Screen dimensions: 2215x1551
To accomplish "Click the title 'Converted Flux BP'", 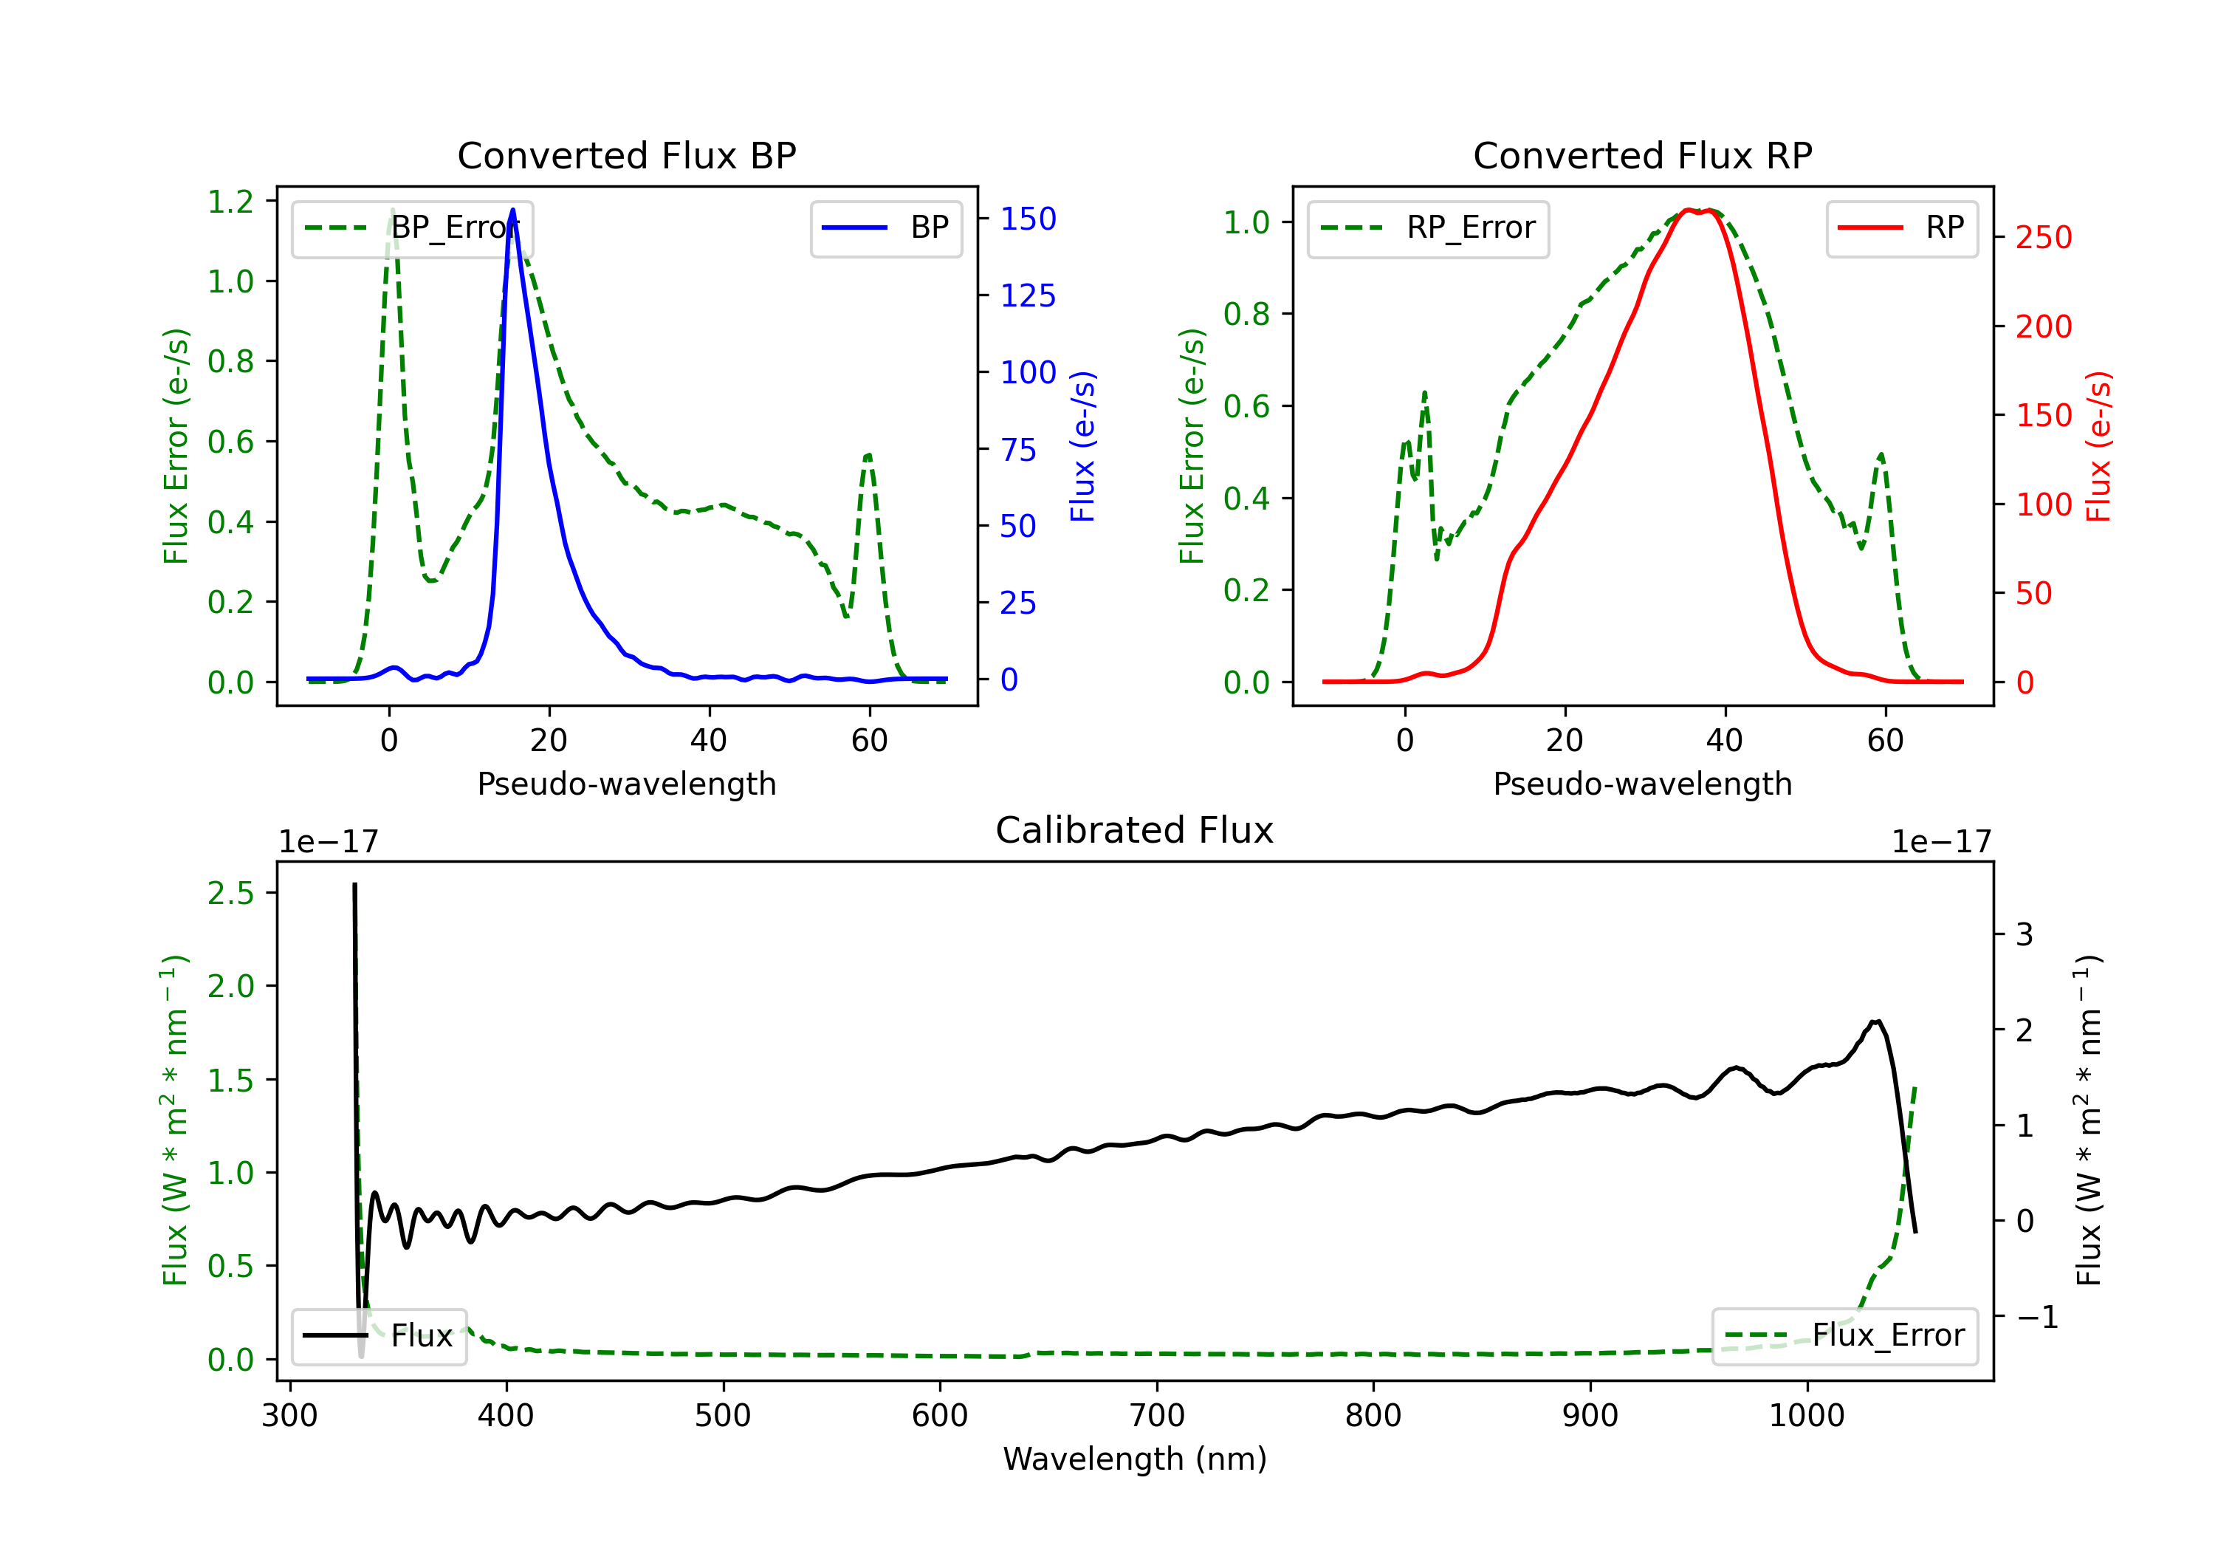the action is tap(627, 155).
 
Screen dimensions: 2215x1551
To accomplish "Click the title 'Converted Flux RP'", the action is tap(1643, 155).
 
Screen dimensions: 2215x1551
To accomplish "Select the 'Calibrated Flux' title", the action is tap(1135, 830).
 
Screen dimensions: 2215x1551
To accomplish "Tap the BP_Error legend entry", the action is tap(412, 227).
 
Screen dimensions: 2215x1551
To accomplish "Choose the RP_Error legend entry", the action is tap(1428, 227).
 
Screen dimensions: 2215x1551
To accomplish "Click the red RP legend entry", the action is tap(1901, 227).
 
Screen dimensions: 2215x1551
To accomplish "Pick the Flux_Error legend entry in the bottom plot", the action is tap(1844, 1336).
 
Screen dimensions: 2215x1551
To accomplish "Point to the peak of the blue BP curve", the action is tap(512, 210).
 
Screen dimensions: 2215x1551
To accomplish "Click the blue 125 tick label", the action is tap(1028, 295).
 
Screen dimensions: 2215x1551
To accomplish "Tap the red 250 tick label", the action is tap(2044, 237).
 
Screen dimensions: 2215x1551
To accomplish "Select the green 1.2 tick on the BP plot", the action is tap(230, 202).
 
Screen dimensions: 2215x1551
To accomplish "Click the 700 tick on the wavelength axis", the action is tap(1157, 1415).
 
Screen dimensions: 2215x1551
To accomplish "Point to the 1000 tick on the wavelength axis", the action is tap(1807, 1415).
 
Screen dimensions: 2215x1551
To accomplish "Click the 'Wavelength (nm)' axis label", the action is tap(1135, 1459).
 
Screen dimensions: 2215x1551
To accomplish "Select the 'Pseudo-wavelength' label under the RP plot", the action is tap(1643, 784).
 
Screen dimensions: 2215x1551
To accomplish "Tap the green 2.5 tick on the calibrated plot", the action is tap(230, 894).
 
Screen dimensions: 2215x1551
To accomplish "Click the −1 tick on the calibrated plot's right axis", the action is tap(2036, 1316).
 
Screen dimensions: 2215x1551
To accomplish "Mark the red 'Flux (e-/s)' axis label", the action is tap(2099, 447).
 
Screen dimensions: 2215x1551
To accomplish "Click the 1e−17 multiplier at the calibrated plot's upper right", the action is tap(1941, 843).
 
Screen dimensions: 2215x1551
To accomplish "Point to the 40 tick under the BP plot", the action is tap(709, 740).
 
